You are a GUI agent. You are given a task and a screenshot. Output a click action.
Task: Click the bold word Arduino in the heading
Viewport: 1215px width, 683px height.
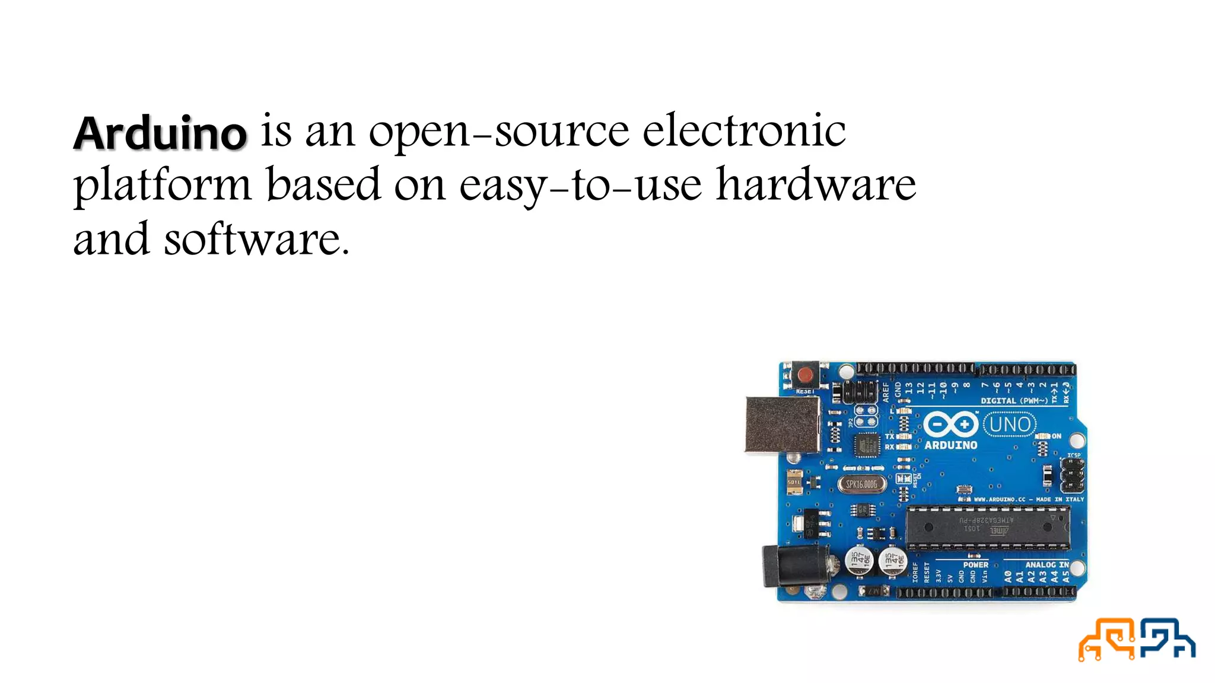pyautogui.click(x=160, y=133)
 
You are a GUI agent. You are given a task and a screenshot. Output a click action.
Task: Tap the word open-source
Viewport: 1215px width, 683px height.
pyautogui.click(x=498, y=132)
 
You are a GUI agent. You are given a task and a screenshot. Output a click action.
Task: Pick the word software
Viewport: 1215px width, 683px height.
pyautogui.click(x=256, y=240)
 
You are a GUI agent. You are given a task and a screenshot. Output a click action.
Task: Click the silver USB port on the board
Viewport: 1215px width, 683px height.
pyautogui.click(x=782, y=425)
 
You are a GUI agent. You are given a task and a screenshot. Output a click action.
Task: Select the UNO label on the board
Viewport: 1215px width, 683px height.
pyautogui.click(x=1010, y=425)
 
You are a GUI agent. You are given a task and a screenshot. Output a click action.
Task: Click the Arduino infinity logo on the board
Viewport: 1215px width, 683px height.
pyautogui.click(x=950, y=425)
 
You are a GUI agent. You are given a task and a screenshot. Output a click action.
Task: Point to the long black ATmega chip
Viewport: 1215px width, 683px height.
pyautogui.click(x=987, y=527)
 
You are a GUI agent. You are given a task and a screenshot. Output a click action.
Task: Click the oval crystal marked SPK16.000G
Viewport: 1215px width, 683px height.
pyautogui.click(x=861, y=484)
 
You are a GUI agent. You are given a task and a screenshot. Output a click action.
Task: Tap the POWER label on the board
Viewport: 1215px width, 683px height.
pyautogui.click(x=975, y=564)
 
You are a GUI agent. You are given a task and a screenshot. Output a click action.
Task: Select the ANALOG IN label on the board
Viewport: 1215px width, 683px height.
pyautogui.click(x=1047, y=564)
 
